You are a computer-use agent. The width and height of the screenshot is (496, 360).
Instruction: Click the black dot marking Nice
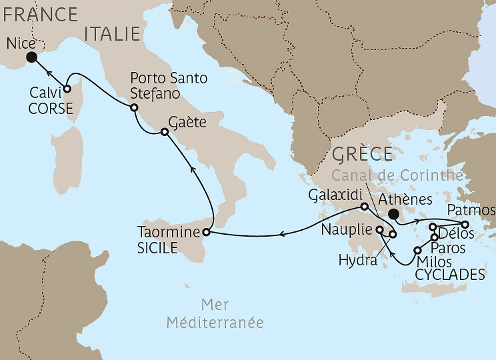31,57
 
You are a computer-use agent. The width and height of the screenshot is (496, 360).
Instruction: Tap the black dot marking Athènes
394,215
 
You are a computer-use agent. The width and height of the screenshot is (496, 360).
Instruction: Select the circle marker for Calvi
67,87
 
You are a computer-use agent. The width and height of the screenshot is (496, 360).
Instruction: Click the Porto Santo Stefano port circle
134,107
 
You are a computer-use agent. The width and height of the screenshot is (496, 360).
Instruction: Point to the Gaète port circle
164,132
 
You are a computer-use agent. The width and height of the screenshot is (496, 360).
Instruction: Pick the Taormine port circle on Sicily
205,232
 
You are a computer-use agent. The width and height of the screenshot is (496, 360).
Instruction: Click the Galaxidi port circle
364,207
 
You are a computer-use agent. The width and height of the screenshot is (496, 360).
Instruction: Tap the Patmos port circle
466,224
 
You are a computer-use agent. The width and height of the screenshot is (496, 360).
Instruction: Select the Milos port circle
418,251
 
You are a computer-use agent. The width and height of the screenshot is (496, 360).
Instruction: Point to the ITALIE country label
111,33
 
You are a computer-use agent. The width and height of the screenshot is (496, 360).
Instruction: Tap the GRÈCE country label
361,154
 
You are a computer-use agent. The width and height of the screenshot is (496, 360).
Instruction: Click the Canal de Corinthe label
397,175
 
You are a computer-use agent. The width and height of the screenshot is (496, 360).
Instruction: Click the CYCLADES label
449,274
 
